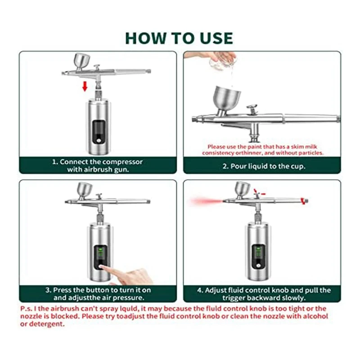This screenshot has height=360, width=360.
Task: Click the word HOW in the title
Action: [x=145, y=38]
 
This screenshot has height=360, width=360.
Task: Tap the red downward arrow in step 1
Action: [x=85, y=86]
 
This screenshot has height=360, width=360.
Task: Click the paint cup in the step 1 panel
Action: [x=81, y=61]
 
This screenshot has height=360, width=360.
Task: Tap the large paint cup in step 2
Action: [x=227, y=99]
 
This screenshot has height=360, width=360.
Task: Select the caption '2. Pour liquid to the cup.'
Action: [x=264, y=166]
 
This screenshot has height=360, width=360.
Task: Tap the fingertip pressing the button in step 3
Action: [x=102, y=267]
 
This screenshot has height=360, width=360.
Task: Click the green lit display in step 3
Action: [x=100, y=253]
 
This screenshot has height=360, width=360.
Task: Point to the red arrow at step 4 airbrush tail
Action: [x=304, y=201]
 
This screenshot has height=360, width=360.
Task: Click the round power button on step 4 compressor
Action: [x=258, y=265]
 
